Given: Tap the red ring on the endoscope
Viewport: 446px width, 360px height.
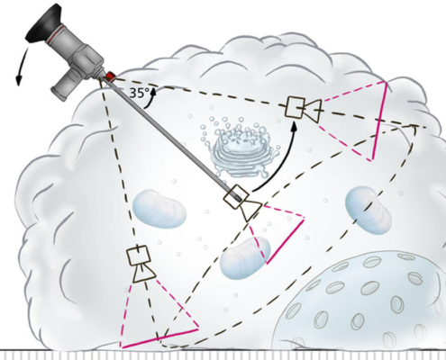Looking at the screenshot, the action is (x=110, y=76).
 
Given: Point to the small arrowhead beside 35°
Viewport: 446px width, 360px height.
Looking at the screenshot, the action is (x=154, y=91).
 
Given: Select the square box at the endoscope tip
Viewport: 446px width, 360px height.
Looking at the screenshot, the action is (x=236, y=196).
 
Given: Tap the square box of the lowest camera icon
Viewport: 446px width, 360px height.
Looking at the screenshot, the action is (x=139, y=256).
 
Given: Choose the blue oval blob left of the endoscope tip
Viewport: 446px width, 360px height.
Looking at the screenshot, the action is (x=159, y=209).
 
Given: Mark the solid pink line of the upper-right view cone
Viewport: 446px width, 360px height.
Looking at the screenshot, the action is (x=378, y=121).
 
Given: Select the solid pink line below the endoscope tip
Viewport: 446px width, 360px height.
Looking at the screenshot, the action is (x=285, y=241).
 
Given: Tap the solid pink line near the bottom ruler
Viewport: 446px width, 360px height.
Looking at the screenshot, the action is (x=159, y=338).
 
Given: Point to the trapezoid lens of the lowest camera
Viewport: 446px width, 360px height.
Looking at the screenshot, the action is (x=144, y=273).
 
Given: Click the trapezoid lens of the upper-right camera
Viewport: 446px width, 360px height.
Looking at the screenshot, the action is (x=313, y=111).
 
